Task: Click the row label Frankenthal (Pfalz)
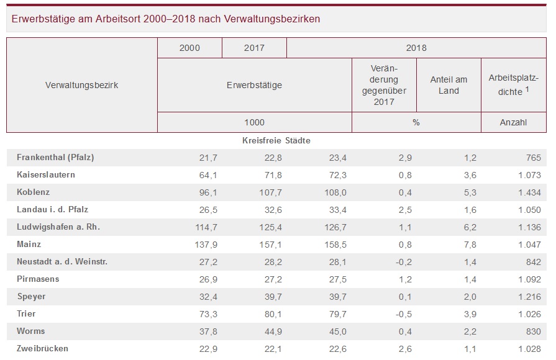tap(55, 158)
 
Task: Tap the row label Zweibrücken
tap(43, 349)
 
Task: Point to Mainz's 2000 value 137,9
tap(205, 245)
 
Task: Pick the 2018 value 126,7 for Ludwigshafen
tap(334, 227)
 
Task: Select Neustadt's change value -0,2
tap(398, 262)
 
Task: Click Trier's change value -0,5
tap(398, 314)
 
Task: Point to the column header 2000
tap(189, 48)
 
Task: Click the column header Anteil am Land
tap(449, 85)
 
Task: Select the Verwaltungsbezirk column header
tap(81, 85)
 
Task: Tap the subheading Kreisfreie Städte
tap(276, 141)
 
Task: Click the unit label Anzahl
tap(513, 122)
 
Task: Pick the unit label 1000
tap(254, 122)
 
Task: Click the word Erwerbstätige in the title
tap(42, 19)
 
